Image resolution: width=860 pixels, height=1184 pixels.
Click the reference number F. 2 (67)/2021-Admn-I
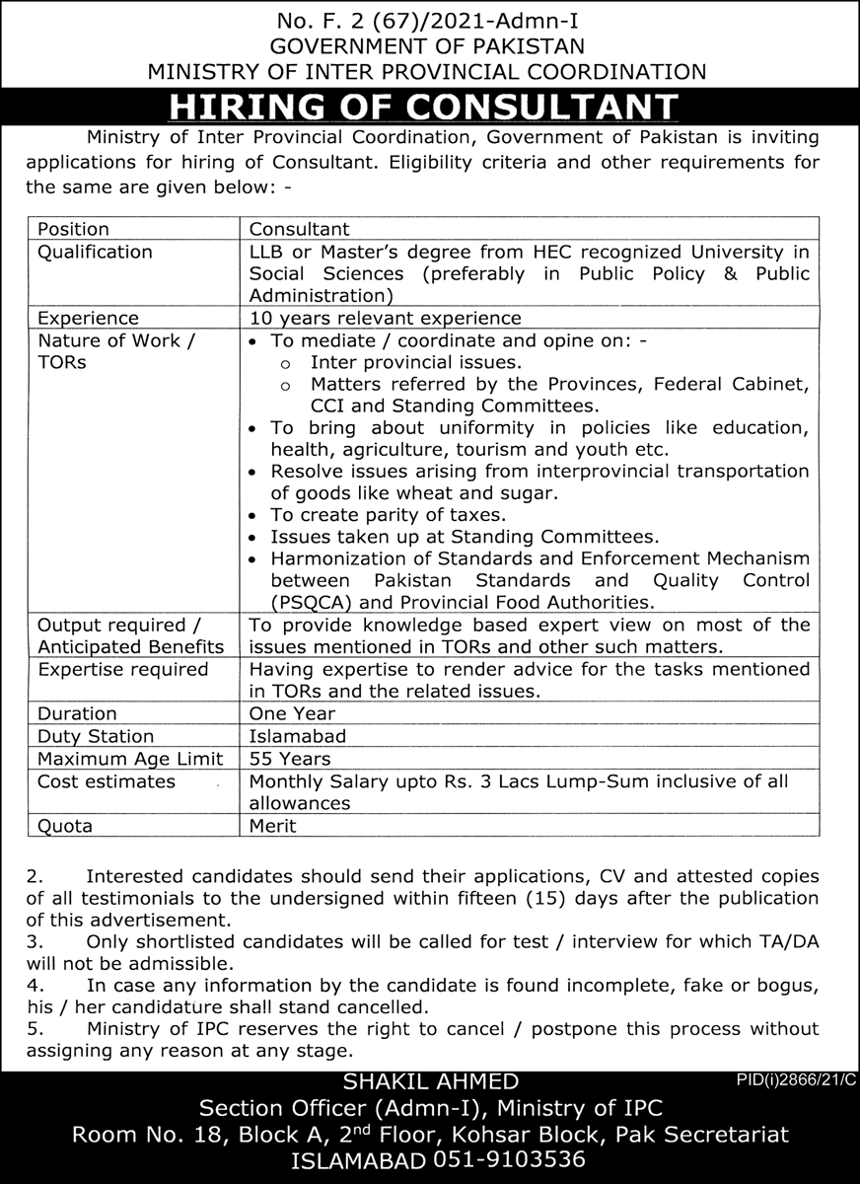429,20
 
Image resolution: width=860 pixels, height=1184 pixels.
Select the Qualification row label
95,252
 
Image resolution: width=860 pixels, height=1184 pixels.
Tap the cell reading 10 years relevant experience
385,318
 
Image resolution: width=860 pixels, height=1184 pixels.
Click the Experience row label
88,318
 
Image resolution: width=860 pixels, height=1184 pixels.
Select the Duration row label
77,712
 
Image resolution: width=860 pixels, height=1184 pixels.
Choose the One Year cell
292,712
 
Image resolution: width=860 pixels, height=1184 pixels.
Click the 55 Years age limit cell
290,759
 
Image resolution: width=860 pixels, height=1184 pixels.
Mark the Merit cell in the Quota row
272,826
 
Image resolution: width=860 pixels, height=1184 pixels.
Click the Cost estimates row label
106,781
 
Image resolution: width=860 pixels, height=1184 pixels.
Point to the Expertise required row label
122,669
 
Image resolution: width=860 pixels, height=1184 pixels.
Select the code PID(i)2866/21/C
796,1080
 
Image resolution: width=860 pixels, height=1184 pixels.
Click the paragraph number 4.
34,986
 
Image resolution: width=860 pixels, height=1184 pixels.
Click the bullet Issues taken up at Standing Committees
464,537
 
